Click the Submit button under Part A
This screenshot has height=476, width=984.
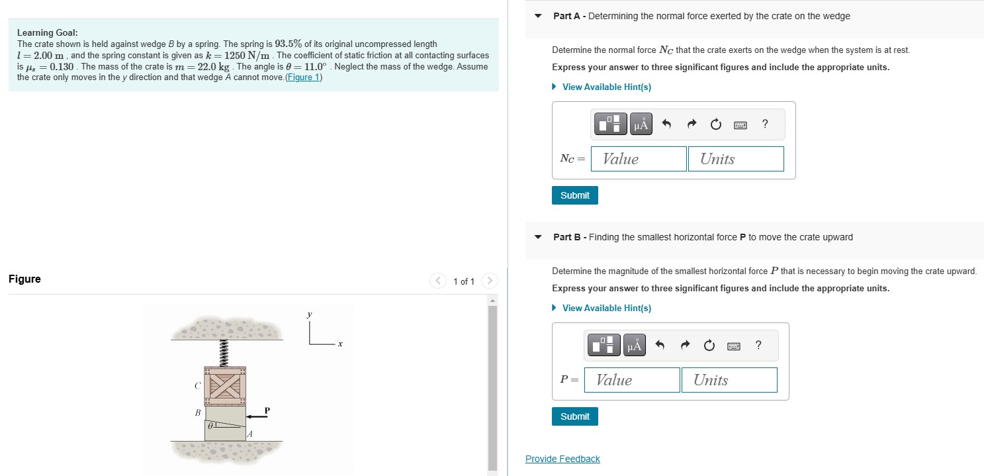pyautogui.click(x=574, y=195)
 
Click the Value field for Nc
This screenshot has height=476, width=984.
pyautogui.click(x=639, y=159)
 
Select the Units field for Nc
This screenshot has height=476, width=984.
pyautogui.click(x=736, y=159)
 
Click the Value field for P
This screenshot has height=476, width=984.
pyautogui.click(x=632, y=380)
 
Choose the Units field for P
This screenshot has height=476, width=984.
pyautogui.click(x=729, y=380)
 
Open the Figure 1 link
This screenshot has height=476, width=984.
pyautogui.click(x=304, y=77)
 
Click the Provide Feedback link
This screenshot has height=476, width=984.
pyautogui.click(x=562, y=459)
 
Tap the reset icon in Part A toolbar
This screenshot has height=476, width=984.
pyautogui.click(x=715, y=124)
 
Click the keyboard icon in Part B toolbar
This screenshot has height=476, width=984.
pyautogui.click(x=734, y=346)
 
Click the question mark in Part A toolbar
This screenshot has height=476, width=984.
pyautogui.click(x=765, y=124)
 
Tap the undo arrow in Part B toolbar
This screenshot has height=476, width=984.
pyautogui.click(x=660, y=345)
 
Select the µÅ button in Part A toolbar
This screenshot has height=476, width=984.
pyautogui.click(x=641, y=124)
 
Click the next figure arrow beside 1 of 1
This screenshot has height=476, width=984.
pyautogui.click(x=490, y=281)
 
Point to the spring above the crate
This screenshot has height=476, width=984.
pyautogui.click(x=224, y=353)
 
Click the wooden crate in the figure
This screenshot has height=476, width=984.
pyautogui.click(x=225, y=386)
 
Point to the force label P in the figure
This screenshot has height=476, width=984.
pyautogui.click(x=267, y=410)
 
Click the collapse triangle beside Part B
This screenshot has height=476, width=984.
pyautogui.click(x=538, y=237)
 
